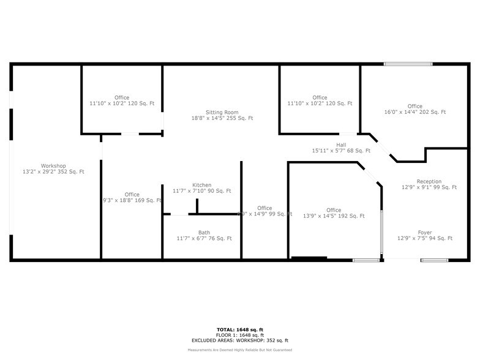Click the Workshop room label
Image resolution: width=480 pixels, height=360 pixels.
(53, 165)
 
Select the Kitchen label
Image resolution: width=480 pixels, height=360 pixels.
(202, 185)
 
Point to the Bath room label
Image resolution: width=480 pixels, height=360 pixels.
(204, 232)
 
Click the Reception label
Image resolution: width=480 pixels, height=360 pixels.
(429, 181)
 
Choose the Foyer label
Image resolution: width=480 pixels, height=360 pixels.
(425, 232)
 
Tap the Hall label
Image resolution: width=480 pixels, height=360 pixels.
(341, 144)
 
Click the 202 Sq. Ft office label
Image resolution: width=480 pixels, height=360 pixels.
(415, 106)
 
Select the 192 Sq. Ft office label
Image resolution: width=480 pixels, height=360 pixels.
(334, 210)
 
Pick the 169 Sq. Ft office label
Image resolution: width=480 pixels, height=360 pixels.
(132, 195)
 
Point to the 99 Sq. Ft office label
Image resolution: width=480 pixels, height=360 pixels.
(264, 208)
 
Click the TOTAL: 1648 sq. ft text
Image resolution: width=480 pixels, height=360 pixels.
(239, 329)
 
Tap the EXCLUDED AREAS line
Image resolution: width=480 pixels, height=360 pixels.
(239, 340)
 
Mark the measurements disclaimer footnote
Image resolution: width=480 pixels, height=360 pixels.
(239, 350)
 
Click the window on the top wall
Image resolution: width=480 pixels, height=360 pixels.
(403, 64)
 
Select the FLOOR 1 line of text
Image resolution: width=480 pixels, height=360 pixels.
(239, 335)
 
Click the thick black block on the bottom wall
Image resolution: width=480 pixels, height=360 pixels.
(309, 259)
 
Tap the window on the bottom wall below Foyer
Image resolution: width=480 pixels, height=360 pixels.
(434, 261)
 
